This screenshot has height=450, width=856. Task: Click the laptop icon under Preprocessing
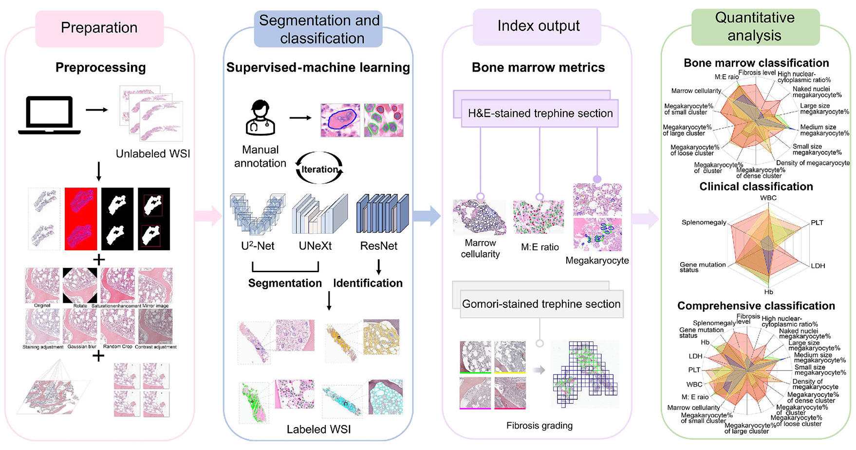coord(49,115)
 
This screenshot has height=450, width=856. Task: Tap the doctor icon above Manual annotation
coord(260,118)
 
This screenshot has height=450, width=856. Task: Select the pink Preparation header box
coord(99,28)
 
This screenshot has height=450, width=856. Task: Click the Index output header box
coord(538,26)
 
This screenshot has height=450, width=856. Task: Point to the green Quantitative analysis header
coord(755,27)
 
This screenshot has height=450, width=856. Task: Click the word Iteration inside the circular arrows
coord(319,169)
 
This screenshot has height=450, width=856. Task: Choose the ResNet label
coord(378,246)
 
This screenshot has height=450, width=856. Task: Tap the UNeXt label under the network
coord(315,246)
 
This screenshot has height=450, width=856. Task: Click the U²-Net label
coord(258,246)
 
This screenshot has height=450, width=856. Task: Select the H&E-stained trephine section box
coord(540,113)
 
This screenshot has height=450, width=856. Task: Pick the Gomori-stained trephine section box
coord(541,304)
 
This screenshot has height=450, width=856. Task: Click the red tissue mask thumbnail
coord(81,219)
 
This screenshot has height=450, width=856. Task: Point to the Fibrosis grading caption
coord(539,426)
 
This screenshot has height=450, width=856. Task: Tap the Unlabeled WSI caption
coord(153,154)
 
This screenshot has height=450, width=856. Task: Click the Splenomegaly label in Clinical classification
coord(704,223)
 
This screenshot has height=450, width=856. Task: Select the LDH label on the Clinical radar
coord(818,266)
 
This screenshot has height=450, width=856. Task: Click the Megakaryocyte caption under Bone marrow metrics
coord(597,261)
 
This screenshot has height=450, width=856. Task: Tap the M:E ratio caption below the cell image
coord(540,247)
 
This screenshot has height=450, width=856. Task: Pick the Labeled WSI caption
coord(318,430)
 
